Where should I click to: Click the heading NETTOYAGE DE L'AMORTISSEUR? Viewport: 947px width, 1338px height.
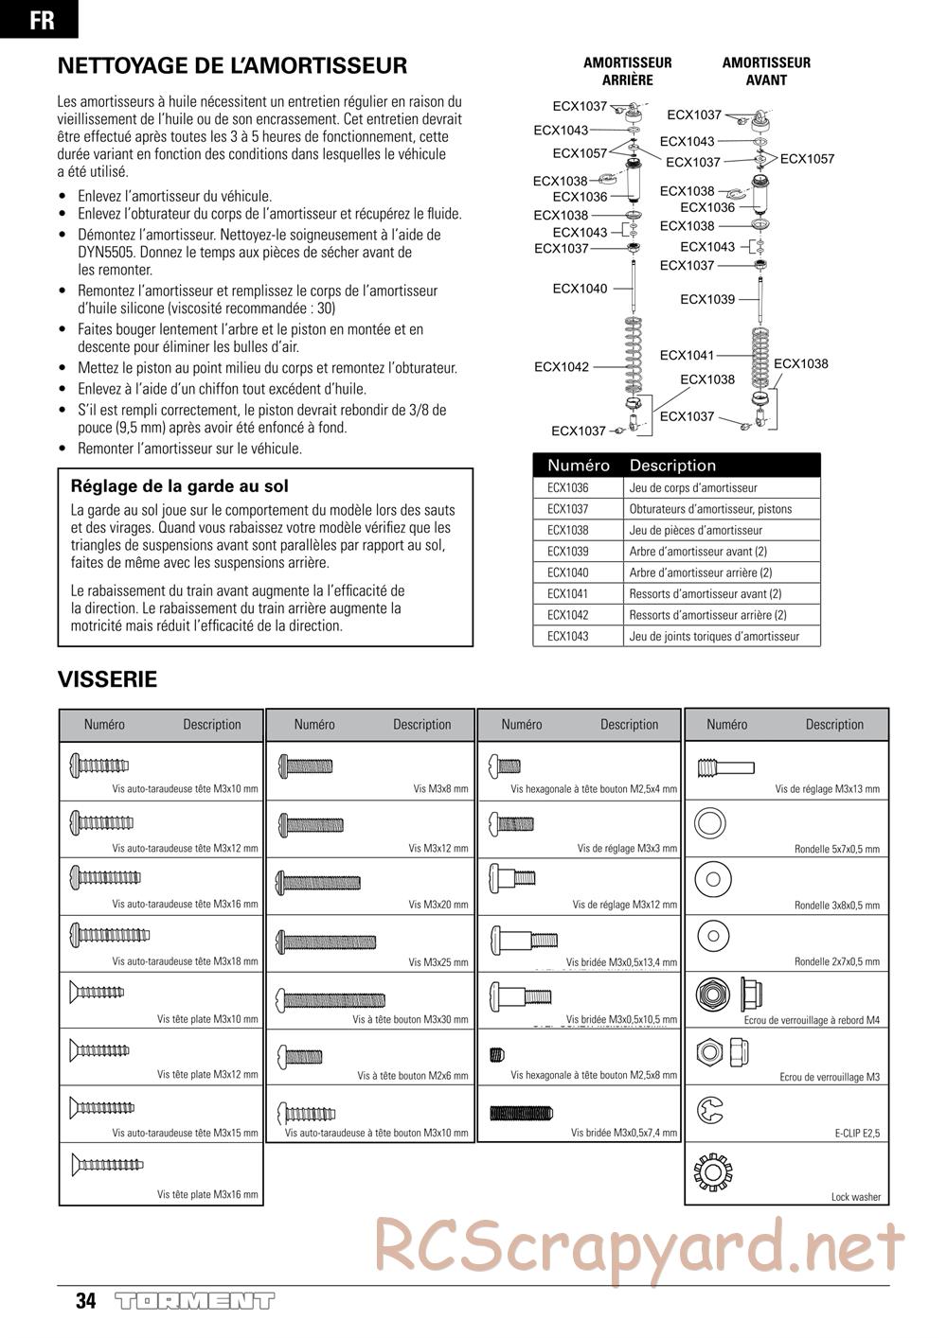tap(232, 66)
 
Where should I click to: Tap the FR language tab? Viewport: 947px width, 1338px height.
tap(41, 20)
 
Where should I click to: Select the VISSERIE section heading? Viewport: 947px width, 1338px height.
tap(107, 679)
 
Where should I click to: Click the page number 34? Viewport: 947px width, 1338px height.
tap(85, 1301)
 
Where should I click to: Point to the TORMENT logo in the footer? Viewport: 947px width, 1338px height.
tap(194, 1301)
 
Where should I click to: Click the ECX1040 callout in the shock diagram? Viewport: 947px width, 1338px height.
tap(580, 289)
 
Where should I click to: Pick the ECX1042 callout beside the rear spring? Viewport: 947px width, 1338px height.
tap(561, 367)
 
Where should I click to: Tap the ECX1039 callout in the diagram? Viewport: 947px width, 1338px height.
tap(706, 300)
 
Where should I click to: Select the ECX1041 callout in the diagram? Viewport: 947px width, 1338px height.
tap(687, 356)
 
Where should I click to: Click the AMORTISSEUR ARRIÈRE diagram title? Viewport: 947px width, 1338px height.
tap(627, 71)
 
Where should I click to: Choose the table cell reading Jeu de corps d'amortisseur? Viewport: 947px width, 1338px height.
tap(693, 488)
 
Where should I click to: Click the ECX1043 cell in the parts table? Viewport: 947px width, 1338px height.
tap(567, 637)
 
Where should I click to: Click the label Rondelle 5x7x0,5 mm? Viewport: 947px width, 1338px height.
tap(836, 849)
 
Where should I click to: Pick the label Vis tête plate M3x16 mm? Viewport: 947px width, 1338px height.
tap(207, 1194)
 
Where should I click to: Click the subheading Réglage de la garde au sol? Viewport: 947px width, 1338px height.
tap(179, 486)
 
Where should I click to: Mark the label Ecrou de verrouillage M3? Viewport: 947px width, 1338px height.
tap(830, 1077)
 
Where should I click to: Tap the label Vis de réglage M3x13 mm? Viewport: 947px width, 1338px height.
tap(827, 788)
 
